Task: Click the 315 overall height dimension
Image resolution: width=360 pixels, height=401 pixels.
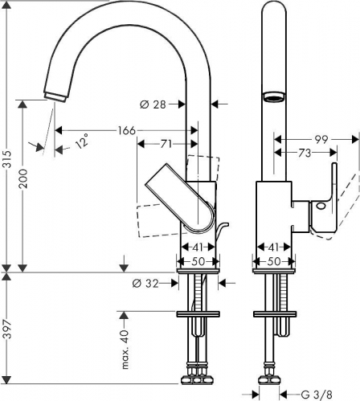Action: (x=7, y=159)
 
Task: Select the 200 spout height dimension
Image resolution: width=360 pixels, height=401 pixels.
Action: (x=23, y=178)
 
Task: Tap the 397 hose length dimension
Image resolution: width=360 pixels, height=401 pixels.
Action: (x=7, y=329)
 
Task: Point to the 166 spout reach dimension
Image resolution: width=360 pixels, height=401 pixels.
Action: (x=127, y=131)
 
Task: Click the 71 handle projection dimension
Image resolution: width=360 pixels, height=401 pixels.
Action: (x=166, y=144)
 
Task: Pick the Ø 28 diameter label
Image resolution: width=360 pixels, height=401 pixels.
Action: (x=153, y=104)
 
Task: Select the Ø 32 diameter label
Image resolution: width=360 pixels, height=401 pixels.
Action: (x=145, y=283)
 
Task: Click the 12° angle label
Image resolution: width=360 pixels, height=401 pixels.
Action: (x=82, y=141)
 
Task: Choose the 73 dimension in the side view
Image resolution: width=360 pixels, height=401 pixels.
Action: (x=305, y=153)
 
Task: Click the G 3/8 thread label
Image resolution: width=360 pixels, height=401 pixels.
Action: (x=317, y=395)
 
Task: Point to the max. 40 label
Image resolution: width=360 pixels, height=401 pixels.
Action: (x=125, y=350)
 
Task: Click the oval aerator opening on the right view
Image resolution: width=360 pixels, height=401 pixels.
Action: (x=273, y=97)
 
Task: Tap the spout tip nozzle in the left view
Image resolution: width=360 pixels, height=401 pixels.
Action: (x=55, y=96)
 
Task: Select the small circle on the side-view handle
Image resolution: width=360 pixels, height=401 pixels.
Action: (x=321, y=207)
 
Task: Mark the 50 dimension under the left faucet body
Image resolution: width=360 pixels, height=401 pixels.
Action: (x=198, y=261)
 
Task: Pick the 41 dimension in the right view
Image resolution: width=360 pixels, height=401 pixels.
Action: (x=273, y=248)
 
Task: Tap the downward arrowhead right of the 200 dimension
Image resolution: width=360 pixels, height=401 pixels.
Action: (x=124, y=268)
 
